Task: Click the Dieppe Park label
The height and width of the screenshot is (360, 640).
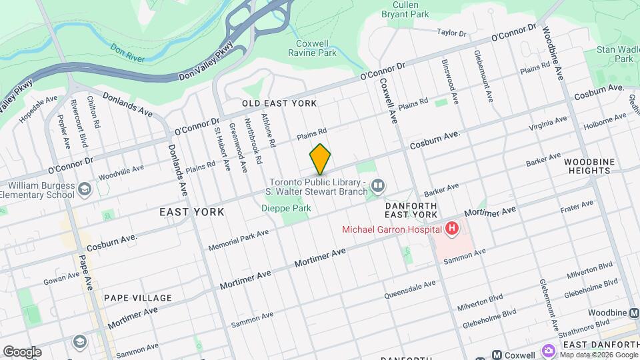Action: coord(286,209)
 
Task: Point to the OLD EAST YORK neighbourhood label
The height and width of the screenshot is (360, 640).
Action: coord(279,103)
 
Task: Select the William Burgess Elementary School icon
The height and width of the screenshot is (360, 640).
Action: coord(85,190)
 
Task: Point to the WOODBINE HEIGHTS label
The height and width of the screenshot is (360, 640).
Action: coord(587,166)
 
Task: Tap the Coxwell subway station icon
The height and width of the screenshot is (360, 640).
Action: coord(497,355)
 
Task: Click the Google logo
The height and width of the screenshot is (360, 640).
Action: coord(22,352)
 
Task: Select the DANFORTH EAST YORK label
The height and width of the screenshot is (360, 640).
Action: coord(411,211)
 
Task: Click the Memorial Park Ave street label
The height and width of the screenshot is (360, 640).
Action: coord(238,241)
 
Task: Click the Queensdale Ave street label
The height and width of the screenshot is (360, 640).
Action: coord(410,289)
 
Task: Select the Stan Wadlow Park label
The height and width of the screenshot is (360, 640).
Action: coord(614,54)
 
